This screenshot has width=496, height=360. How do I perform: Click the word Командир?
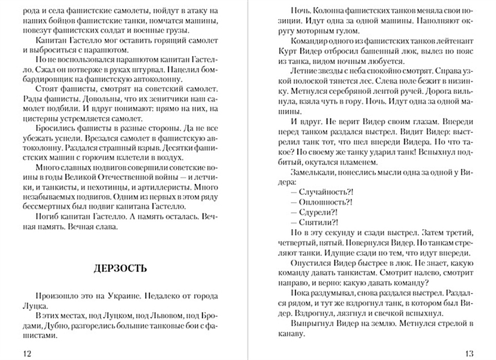pos(309,40)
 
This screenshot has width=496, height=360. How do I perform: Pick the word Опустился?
pos(311,263)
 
